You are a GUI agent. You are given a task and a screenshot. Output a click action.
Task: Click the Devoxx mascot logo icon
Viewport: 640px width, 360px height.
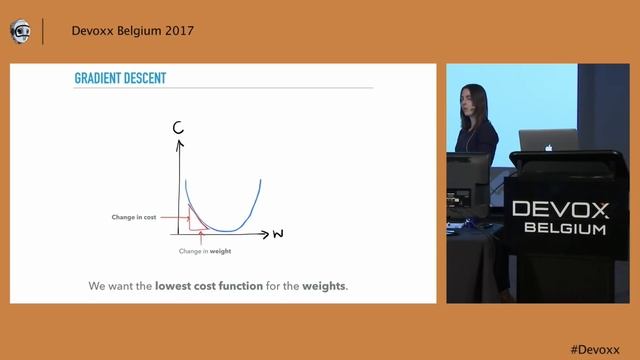point(20,31)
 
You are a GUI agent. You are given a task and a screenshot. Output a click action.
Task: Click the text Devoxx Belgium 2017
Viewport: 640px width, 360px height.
point(132,31)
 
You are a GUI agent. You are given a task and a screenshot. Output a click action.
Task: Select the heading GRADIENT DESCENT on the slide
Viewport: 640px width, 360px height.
point(120,78)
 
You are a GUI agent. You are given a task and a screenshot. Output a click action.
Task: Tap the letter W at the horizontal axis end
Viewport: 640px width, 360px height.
point(278,235)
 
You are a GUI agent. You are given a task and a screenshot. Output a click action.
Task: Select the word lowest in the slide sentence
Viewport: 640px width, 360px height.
point(179,287)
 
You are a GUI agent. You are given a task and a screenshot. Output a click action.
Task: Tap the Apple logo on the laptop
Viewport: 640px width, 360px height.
point(548,146)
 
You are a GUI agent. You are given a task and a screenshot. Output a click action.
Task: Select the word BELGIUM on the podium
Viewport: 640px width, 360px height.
point(565,229)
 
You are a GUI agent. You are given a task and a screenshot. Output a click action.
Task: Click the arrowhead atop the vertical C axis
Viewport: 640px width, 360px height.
point(181,142)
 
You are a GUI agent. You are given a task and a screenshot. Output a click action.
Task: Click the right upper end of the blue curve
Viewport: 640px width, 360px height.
point(260,181)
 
